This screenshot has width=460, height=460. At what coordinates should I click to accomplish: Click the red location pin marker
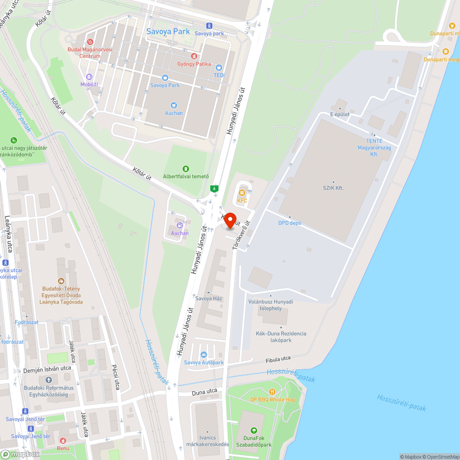click(x=230, y=220)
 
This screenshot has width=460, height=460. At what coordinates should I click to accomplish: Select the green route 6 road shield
click(x=214, y=188)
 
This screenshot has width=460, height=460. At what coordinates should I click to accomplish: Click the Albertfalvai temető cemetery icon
click(x=186, y=169)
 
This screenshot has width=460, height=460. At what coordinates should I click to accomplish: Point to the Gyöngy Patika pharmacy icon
click(x=194, y=56)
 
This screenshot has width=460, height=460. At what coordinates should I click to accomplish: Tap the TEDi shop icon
click(x=218, y=67)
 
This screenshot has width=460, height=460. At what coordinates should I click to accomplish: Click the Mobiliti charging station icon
click(x=89, y=77)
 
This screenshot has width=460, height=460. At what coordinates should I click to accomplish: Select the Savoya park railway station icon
click(x=209, y=26)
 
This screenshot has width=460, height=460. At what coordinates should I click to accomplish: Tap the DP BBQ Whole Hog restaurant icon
click(x=272, y=391)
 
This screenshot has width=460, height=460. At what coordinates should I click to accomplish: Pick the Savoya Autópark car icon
click(x=204, y=355)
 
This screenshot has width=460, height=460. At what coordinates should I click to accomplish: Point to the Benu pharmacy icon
click(x=63, y=440)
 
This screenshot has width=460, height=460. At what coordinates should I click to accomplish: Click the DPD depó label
click(x=290, y=223)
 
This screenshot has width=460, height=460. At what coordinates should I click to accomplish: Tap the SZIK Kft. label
click(x=333, y=188)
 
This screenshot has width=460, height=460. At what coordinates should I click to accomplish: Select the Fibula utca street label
click(x=278, y=359)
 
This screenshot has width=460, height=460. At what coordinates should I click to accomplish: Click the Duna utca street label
click(x=204, y=391)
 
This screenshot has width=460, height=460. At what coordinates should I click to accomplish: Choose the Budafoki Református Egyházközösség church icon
click(x=49, y=380)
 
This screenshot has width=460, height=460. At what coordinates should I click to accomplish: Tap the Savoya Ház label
click(x=209, y=298)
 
